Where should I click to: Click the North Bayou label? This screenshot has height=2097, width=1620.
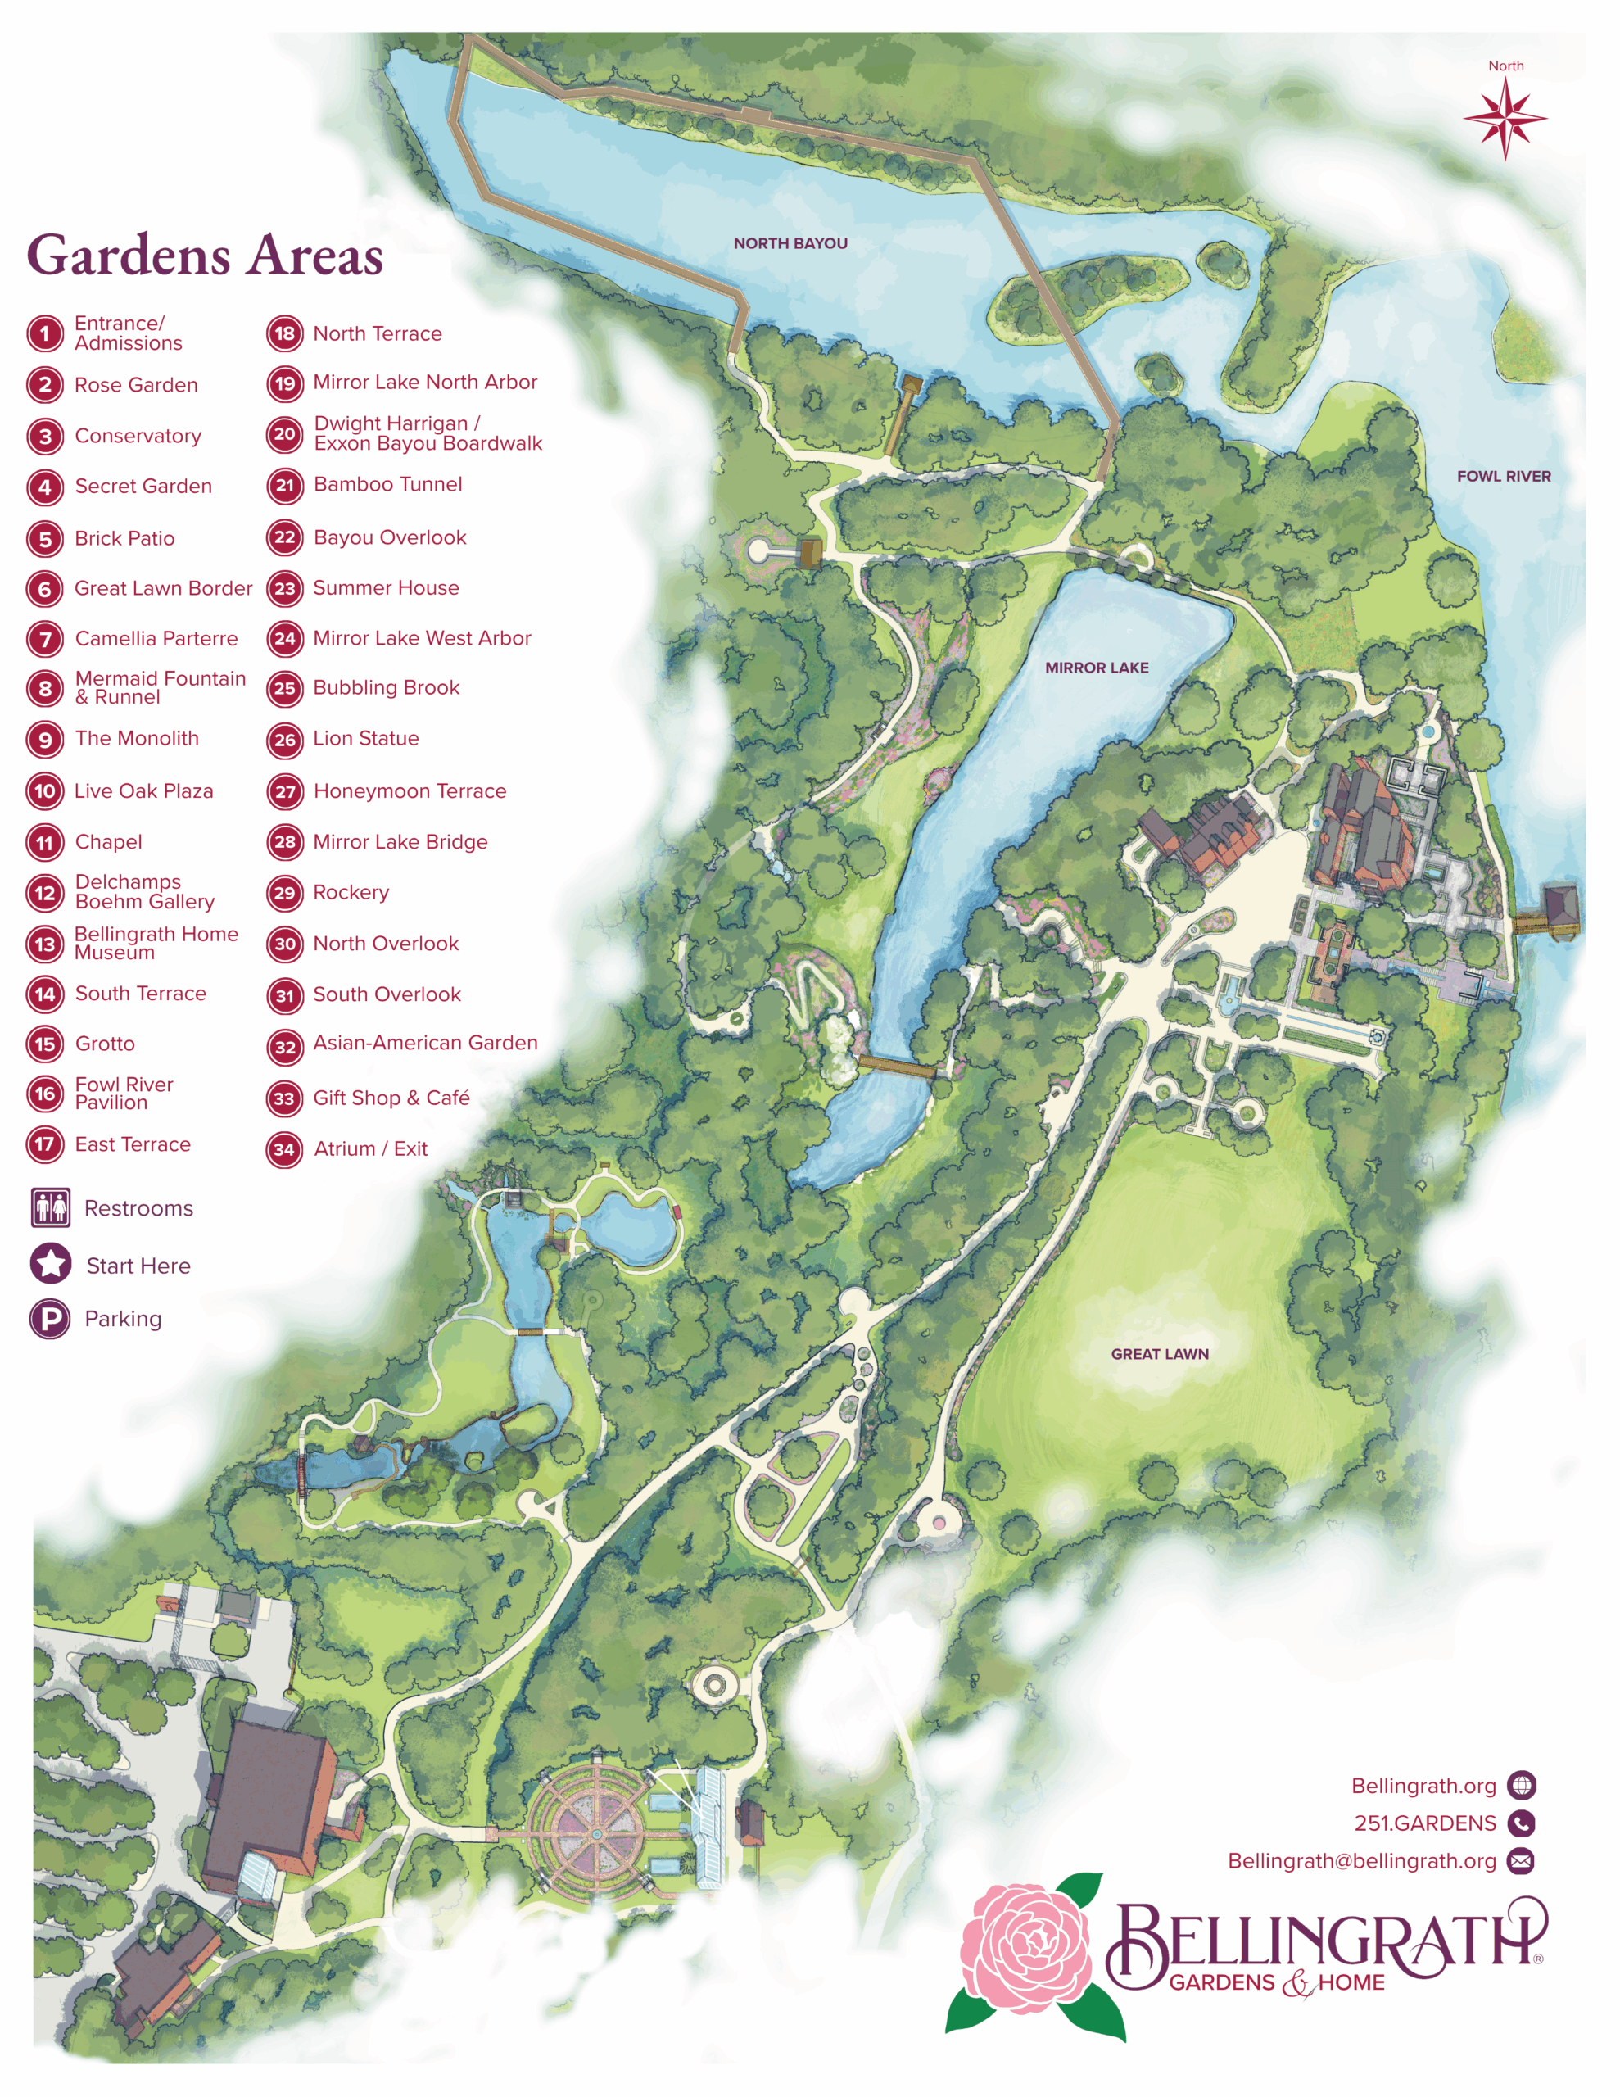click(790, 244)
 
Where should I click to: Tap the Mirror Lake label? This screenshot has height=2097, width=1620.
click(1096, 668)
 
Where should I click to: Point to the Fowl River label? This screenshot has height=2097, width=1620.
click(1503, 476)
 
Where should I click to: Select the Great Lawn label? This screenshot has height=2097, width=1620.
click(1159, 1354)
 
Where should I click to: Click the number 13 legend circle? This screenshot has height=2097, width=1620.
click(45, 944)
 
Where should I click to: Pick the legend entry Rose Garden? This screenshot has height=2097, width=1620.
click(135, 385)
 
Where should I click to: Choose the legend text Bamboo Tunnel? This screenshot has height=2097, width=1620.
click(387, 485)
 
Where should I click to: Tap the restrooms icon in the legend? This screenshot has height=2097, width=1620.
click(51, 1208)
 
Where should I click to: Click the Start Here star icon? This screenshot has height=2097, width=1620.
click(51, 1265)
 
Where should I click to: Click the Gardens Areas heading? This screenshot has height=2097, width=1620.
click(205, 256)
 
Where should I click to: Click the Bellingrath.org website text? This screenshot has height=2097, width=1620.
click(1423, 1786)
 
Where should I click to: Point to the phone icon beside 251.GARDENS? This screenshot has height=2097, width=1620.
click(1521, 1823)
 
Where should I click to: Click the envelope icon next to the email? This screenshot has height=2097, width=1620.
click(1520, 1862)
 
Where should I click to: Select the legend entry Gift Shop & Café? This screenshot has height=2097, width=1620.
click(391, 1098)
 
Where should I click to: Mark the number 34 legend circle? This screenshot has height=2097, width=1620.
click(284, 1149)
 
